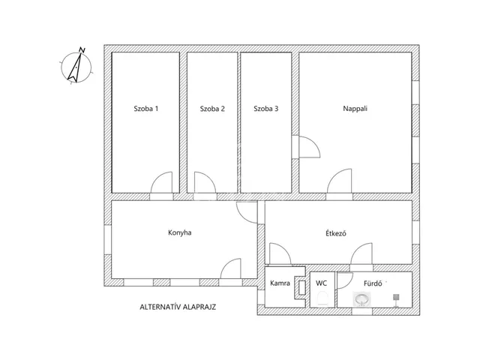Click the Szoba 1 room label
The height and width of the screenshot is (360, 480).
tap(146, 109)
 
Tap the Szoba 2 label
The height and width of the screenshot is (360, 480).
tap(212, 109)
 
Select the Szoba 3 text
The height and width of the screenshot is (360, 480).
tap(266, 109)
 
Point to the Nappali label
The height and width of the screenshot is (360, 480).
tap(355, 109)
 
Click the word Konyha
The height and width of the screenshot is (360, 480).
tap(180, 232)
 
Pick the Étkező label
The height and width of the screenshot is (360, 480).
tap(336, 233)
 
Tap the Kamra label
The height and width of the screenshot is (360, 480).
tap(280, 283)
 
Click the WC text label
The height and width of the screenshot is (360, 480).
tap(321, 283)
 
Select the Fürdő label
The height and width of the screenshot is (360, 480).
tap(373, 283)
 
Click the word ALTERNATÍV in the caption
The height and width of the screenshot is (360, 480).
tap(160, 307)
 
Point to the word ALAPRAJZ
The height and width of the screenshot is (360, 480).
tap(200, 307)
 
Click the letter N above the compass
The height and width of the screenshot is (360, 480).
tap(82, 50)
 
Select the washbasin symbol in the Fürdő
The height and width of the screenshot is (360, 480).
tap(361, 298)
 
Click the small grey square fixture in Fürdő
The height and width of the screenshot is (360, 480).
tap(396, 297)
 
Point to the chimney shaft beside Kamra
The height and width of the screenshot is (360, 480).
tap(301, 288)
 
